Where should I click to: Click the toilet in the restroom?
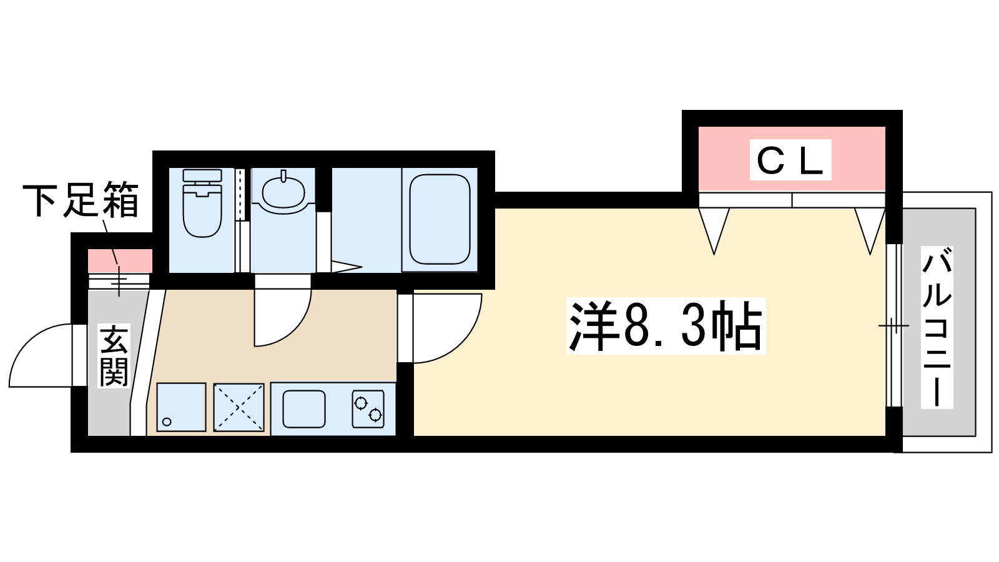tap(202, 202)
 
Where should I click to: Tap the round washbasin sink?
tap(283, 190)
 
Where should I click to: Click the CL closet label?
tap(790, 160)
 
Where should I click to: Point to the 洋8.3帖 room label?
tap(666, 326)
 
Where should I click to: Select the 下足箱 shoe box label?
tap(81, 200)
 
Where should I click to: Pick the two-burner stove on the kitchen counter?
tap(368, 409)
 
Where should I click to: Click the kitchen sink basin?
tap(304, 409)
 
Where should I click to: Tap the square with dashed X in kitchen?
tap(239, 407)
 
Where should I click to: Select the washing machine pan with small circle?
tap(181, 407)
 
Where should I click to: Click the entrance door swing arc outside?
tap(41, 356)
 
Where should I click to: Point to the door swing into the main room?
tap(446, 328)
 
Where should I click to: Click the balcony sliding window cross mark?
tap(893, 326)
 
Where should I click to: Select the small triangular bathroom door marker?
tap(345, 267)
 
